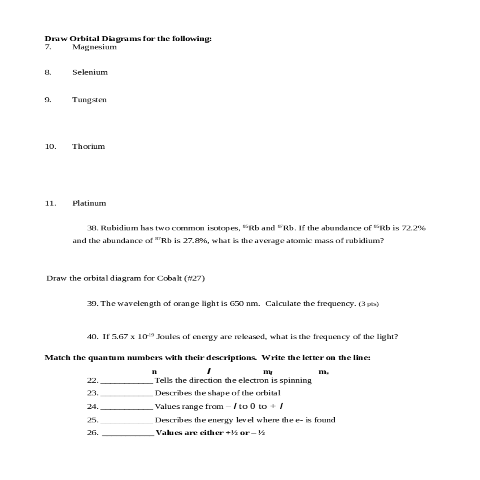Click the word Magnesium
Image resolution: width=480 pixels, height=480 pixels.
pos(94,47)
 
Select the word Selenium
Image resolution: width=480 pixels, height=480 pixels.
pos(90,72)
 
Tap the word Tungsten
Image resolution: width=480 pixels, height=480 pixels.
pos(90,100)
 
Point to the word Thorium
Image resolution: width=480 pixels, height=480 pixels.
pos(88,146)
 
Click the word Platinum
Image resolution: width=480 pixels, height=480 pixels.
pos(89,203)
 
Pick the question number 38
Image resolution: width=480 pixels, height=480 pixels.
pos(93,228)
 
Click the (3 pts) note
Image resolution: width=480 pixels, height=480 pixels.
pos(368,304)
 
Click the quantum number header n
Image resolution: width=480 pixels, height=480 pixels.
pos(154,372)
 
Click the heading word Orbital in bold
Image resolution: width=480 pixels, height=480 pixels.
pos(85,39)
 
